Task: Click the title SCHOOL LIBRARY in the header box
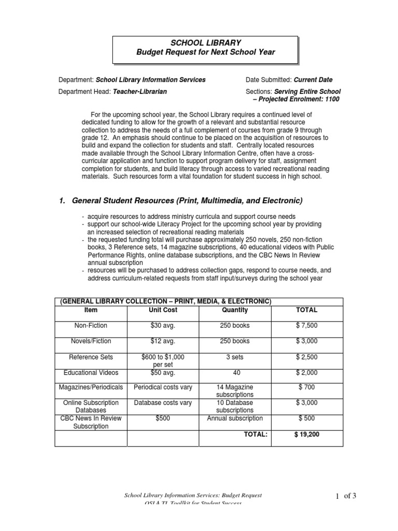coord(206,43)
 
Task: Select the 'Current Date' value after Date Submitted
coord(313,80)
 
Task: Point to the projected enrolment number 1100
coord(332,99)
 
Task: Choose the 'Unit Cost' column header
coord(163,310)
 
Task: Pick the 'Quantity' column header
coord(235,310)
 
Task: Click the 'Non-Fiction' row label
coord(91,325)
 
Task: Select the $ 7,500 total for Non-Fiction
coord(307,325)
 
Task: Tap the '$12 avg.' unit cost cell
coord(163,341)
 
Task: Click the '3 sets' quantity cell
coord(235,357)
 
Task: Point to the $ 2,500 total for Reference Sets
coord(307,357)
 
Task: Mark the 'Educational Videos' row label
coord(91,372)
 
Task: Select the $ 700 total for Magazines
coord(307,387)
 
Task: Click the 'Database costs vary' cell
coord(163,403)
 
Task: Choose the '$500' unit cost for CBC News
coord(163,418)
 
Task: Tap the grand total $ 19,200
coord(307,435)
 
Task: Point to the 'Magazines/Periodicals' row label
coord(91,387)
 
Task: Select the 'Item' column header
coord(91,310)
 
